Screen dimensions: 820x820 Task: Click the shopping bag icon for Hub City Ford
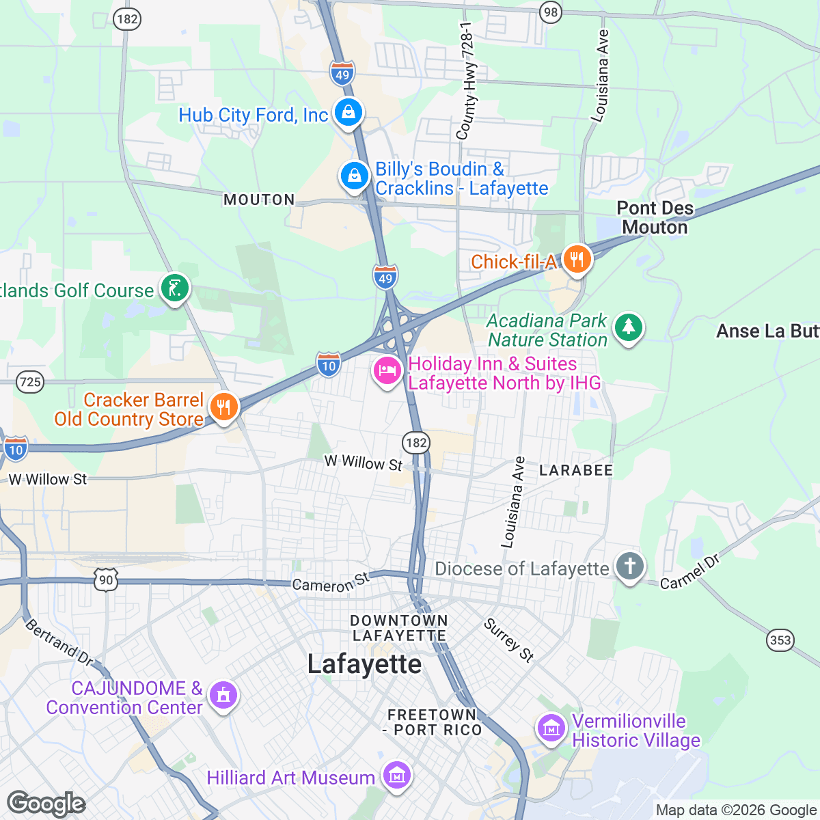348,112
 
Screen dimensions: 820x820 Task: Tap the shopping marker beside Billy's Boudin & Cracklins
355,176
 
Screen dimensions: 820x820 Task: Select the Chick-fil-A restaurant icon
577,260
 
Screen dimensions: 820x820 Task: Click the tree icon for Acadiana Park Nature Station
628,327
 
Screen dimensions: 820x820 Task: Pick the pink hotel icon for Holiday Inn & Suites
387,371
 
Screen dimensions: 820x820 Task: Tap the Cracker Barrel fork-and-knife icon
223,407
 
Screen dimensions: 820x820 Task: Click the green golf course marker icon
174,288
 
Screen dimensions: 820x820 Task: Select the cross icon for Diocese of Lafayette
629,566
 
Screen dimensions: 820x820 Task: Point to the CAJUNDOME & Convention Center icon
223,696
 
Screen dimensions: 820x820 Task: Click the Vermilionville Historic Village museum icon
551,728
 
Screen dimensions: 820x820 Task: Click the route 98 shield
550,12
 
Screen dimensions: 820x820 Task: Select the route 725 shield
31,381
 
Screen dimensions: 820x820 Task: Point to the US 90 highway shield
106,581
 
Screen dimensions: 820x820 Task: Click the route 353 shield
780,640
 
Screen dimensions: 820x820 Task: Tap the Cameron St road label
330,582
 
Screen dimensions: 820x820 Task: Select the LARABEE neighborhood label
576,470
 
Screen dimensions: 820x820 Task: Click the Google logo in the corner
46,804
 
